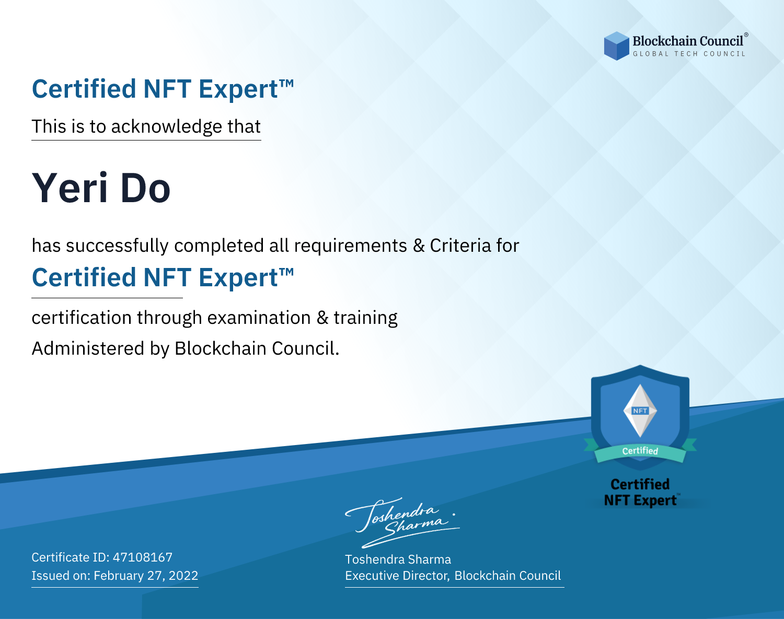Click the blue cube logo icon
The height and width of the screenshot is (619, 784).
click(616, 46)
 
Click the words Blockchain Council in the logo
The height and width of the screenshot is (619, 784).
click(688, 41)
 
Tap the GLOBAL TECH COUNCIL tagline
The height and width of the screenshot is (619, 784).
click(689, 54)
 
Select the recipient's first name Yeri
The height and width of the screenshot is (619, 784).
click(70, 188)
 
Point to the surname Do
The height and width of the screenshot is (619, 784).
click(145, 189)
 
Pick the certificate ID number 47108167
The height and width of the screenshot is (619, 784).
click(143, 557)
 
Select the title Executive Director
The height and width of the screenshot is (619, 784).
click(396, 576)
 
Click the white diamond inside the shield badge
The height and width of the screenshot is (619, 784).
click(640, 411)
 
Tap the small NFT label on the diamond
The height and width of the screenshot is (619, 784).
click(640, 411)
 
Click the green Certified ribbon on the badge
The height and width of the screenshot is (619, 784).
click(640, 451)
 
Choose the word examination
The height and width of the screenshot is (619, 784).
click(259, 318)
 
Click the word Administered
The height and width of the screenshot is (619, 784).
click(88, 348)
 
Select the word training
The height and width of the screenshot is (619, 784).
click(366, 318)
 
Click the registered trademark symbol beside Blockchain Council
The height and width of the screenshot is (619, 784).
click(746, 35)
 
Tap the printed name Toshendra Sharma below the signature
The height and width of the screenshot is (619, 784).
click(398, 559)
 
